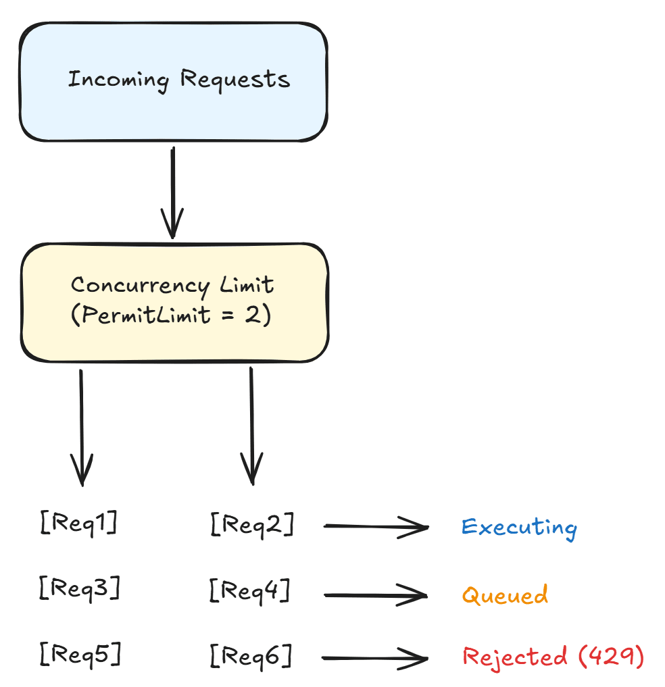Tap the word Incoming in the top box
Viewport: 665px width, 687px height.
[118, 80]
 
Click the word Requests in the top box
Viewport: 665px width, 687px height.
[235, 80]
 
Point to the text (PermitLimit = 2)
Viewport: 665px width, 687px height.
[171, 315]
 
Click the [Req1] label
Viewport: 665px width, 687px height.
[78, 523]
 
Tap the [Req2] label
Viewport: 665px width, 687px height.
[251, 524]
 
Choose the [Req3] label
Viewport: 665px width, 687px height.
[80, 588]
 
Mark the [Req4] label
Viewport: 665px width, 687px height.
[249, 592]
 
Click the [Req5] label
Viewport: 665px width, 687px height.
[80, 653]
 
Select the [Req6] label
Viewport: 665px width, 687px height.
[251, 655]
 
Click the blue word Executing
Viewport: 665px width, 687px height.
[519, 527]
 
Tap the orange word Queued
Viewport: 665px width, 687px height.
[505, 595]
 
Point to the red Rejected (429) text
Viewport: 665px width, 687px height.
[553, 657]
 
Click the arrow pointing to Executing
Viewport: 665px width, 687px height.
[376, 526]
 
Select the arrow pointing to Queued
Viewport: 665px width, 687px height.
[376, 595]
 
